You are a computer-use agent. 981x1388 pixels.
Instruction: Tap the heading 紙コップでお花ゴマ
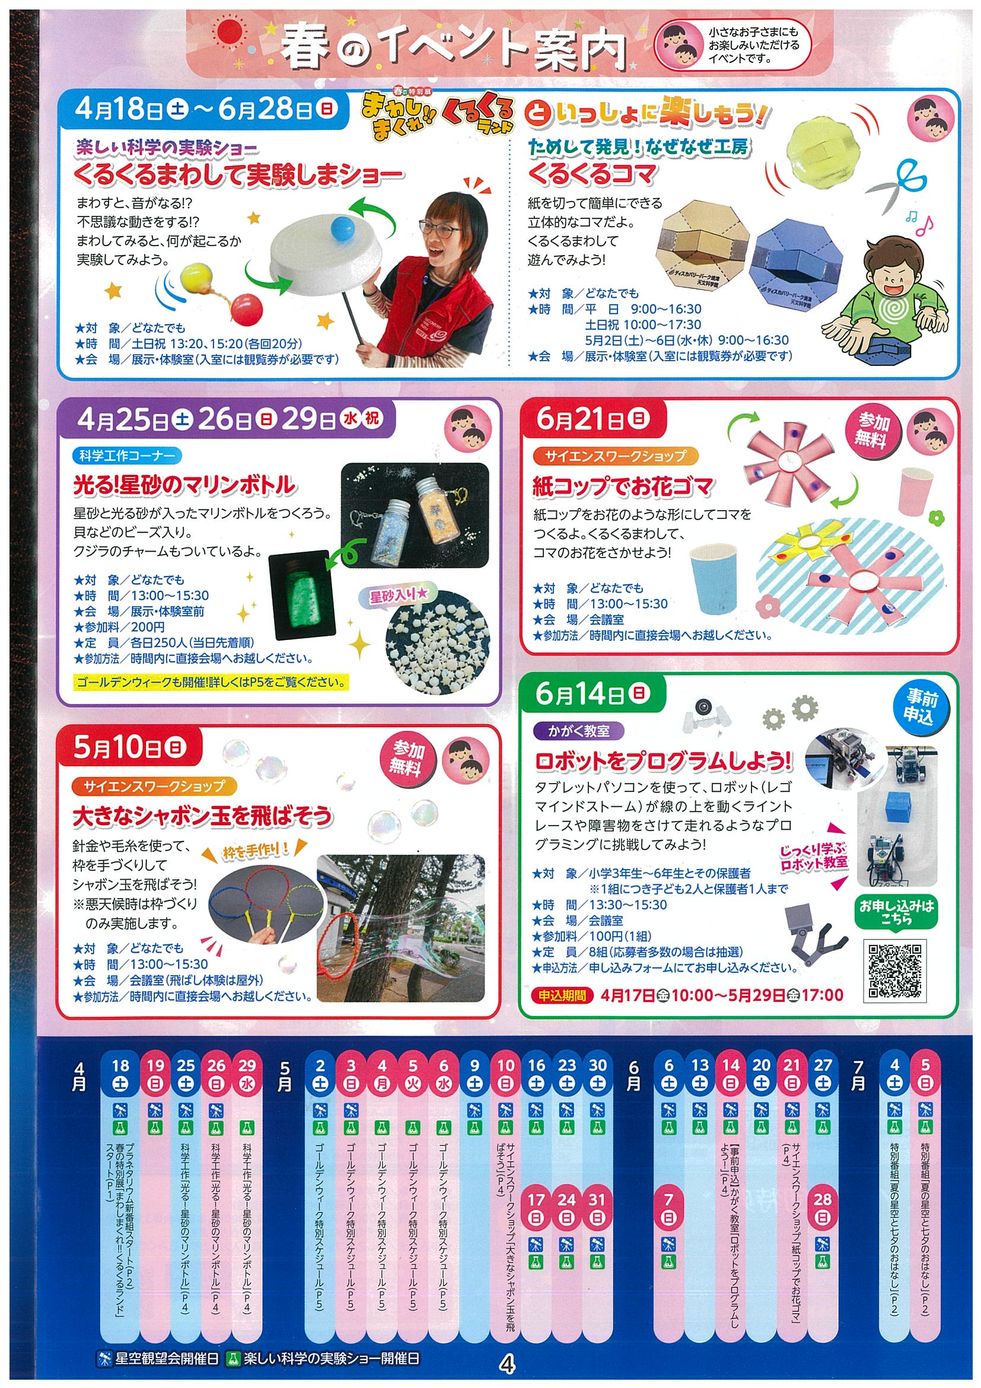623,486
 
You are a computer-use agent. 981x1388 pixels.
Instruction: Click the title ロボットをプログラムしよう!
664,761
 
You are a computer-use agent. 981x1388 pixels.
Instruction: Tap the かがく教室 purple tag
578,730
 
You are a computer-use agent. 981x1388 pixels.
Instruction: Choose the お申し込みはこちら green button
897,912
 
